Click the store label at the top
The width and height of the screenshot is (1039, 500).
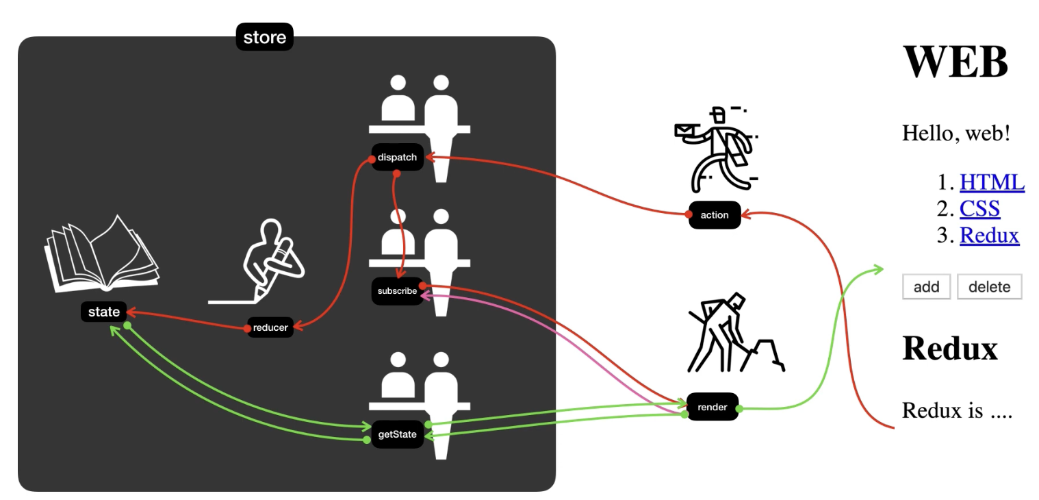coord(264,37)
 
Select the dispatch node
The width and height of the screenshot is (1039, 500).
coord(397,158)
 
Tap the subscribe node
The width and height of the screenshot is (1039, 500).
coord(397,291)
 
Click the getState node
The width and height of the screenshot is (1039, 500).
coord(397,434)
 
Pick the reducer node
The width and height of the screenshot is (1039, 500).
coord(270,327)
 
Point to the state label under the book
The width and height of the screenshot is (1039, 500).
coord(104,312)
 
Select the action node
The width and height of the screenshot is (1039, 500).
coord(715,215)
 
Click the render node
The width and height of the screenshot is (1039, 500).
coord(712,407)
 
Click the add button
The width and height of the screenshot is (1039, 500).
coord(926,287)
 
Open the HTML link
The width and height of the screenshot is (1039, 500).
coord(992,182)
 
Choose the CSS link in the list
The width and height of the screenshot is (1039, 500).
coord(979,208)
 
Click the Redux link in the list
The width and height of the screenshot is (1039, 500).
coord(989,235)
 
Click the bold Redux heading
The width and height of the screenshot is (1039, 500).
coord(950,348)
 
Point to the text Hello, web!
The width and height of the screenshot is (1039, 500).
coord(956,133)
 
